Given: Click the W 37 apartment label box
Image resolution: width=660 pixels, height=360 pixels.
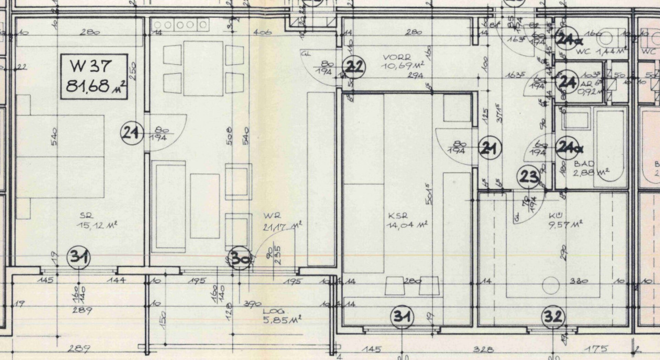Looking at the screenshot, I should (x=94, y=77).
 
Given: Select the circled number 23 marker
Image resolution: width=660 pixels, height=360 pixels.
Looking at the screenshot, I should (x=529, y=177).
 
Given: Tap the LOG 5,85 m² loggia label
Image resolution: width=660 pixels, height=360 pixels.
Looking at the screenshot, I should (x=281, y=316).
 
